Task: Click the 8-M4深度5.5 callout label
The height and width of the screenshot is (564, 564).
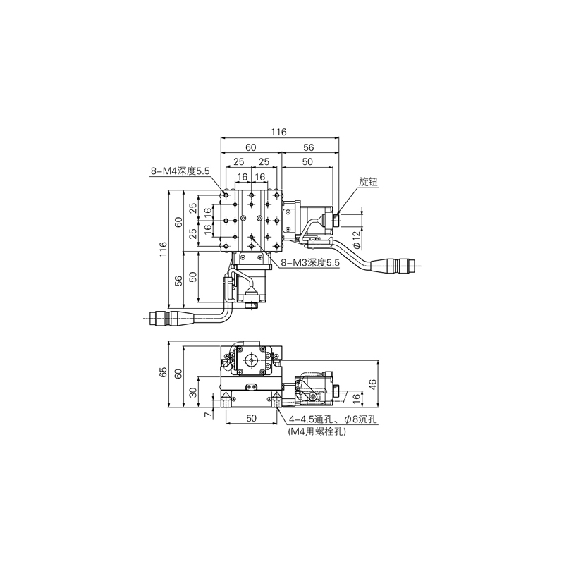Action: (180, 171)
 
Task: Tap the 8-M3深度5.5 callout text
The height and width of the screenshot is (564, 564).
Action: (310, 263)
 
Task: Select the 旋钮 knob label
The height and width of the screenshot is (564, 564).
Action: (368, 182)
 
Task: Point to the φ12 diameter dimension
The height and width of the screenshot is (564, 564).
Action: (356, 240)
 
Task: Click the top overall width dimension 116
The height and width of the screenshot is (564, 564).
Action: (278, 132)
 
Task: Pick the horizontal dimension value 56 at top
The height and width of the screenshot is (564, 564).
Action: (308, 147)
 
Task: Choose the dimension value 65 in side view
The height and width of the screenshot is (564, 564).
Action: (163, 372)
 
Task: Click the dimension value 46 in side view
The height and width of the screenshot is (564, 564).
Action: (373, 384)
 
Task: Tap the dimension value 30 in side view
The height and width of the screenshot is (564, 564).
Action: (193, 393)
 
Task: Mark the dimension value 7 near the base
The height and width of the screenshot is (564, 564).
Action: (207, 415)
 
